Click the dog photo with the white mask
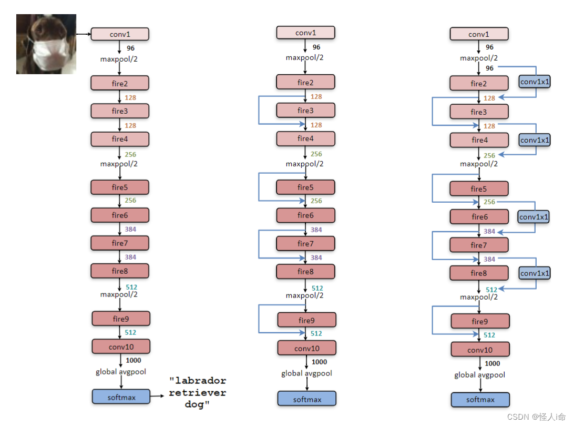click(46, 44)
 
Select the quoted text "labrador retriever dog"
click(198, 392)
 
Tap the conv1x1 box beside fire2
click(535, 82)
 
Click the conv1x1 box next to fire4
click(535, 140)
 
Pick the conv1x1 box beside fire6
click(534, 216)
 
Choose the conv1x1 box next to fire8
click(535, 273)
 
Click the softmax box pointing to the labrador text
click(121, 397)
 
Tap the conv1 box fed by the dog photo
click(120, 34)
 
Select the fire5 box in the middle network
click(305, 187)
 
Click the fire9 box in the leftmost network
click(121, 319)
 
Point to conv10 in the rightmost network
click(480, 350)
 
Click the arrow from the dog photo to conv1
click(84, 34)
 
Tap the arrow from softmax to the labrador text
click(158, 397)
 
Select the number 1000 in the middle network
click(319, 362)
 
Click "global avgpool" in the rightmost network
click(479, 375)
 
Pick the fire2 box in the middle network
click(305, 82)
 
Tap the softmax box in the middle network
click(307, 399)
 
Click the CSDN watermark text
click(536, 417)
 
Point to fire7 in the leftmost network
click(120, 243)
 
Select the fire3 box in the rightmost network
click(479, 112)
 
